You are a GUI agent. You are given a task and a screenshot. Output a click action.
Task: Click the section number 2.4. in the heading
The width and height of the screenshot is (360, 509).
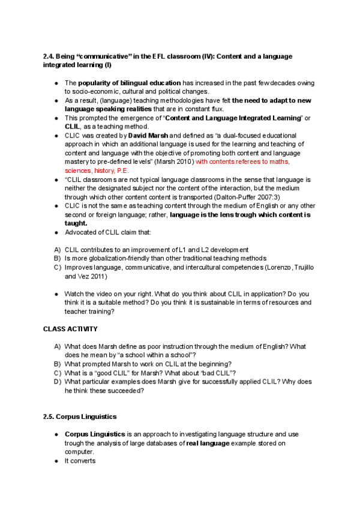(50, 56)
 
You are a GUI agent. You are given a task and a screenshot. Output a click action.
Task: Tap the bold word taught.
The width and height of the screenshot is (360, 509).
(76, 222)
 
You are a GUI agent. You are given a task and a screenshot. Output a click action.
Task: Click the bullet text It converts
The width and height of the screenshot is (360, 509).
(80, 461)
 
